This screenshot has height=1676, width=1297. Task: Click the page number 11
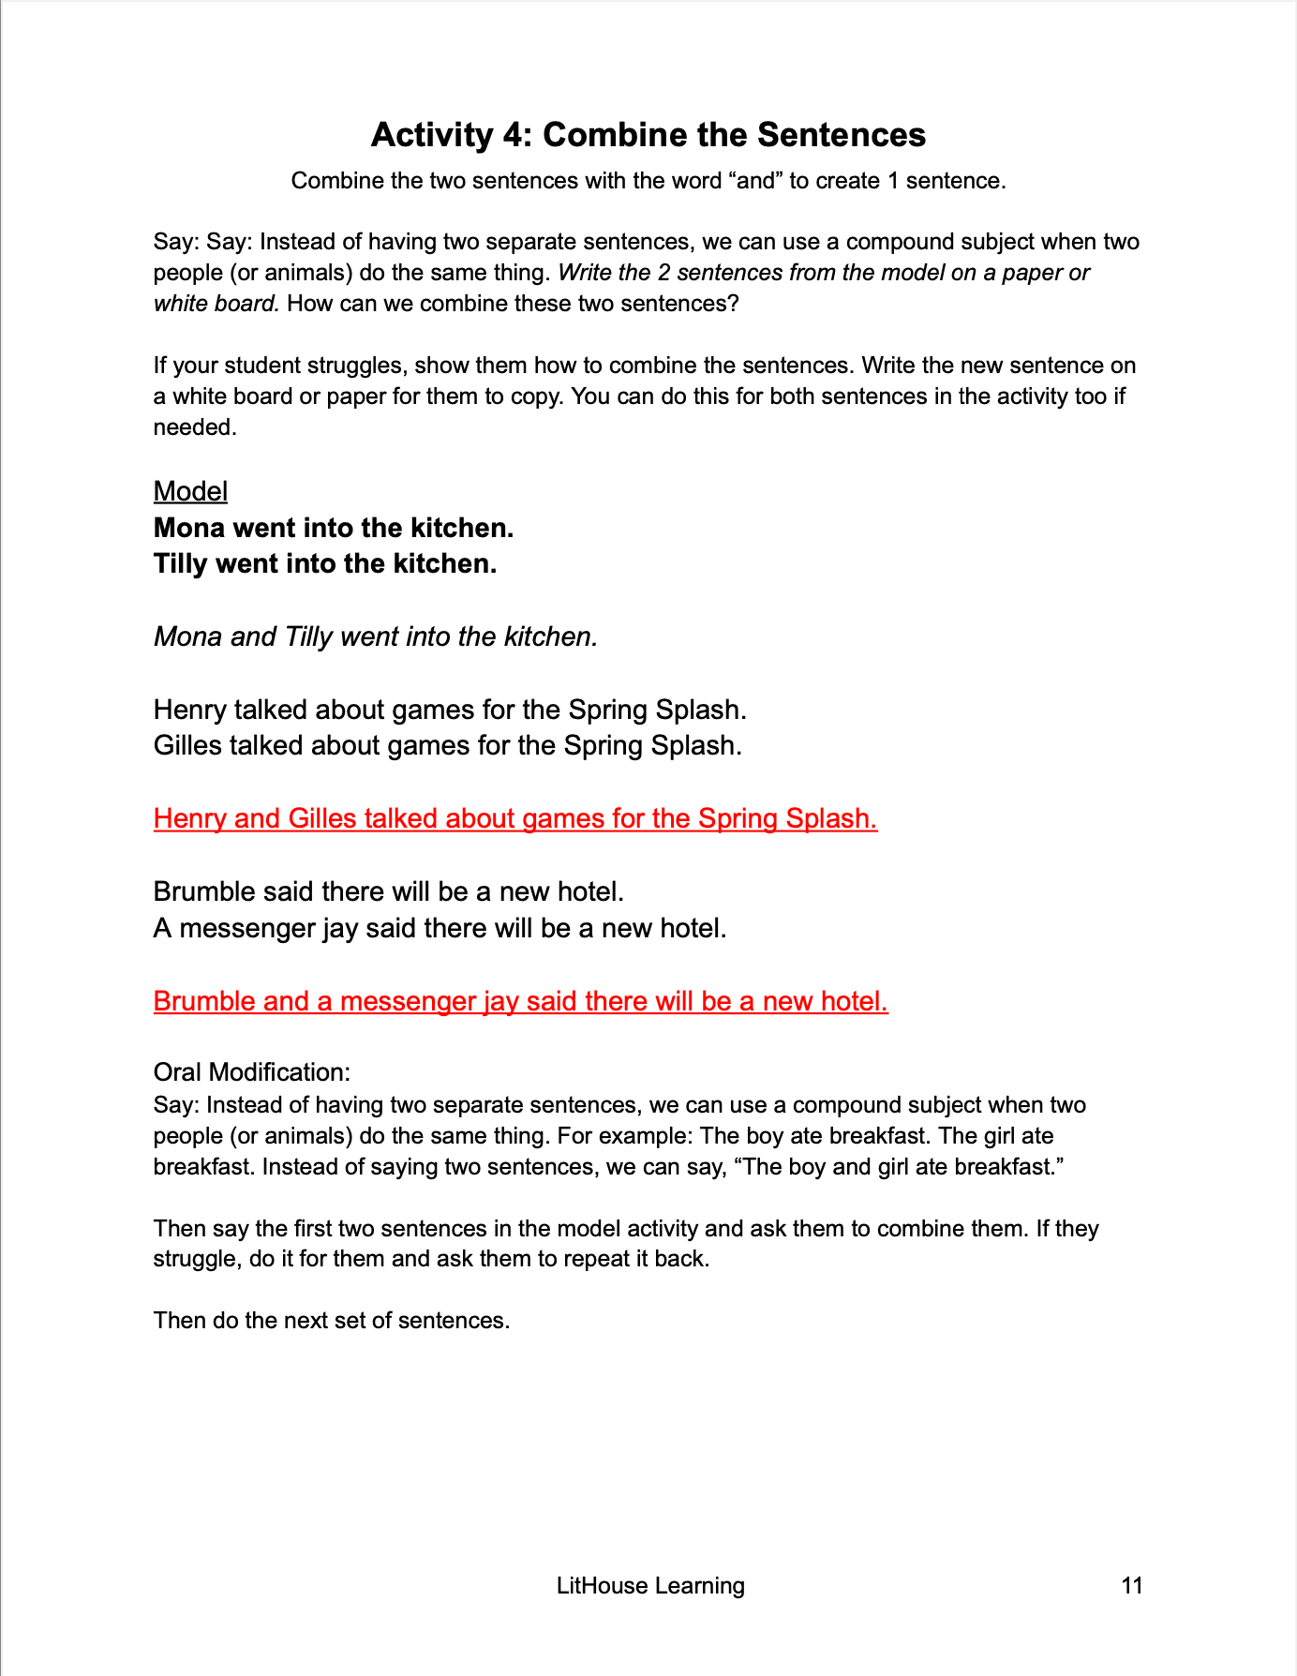point(1131,1585)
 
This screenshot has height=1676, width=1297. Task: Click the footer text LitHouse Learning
point(650,1585)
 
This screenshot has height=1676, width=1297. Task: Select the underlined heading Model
point(190,491)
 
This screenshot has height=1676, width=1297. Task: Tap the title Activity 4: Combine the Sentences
point(648,135)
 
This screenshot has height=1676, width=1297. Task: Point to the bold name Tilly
point(181,563)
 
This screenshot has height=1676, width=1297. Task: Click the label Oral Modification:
point(251,1072)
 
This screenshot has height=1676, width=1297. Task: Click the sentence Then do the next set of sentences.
point(331,1320)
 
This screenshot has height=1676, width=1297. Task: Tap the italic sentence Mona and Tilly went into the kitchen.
point(375,636)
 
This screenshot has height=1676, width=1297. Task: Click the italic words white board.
point(216,304)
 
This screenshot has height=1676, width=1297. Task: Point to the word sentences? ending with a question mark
point(684,304)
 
